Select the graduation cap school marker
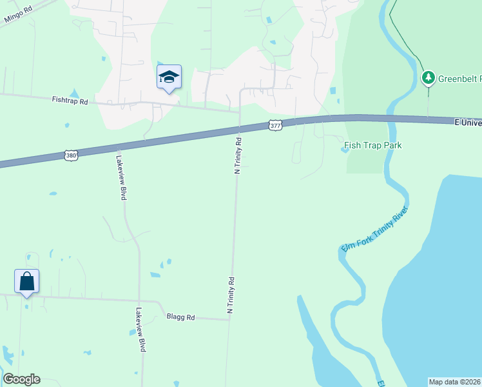pyautogui.click(x=169, y=77)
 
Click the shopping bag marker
pyautogui.click(x=26, y=282)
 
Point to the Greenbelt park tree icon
pyautogui.click(x=428, y=79)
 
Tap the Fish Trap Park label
pyautogui.click(x=373, y=145)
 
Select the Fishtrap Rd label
pyautogui.click(x=70, y=100)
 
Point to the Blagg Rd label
pyautogui.click(x=180, y=316)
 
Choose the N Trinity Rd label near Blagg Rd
pyautogui.click(x=230, y=295)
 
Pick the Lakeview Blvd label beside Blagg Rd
pyautogui.click(x=140, y=329)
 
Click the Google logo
pyautogui.click(x=21, y=379)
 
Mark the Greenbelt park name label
pyautogui.click(x=459, y=79)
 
